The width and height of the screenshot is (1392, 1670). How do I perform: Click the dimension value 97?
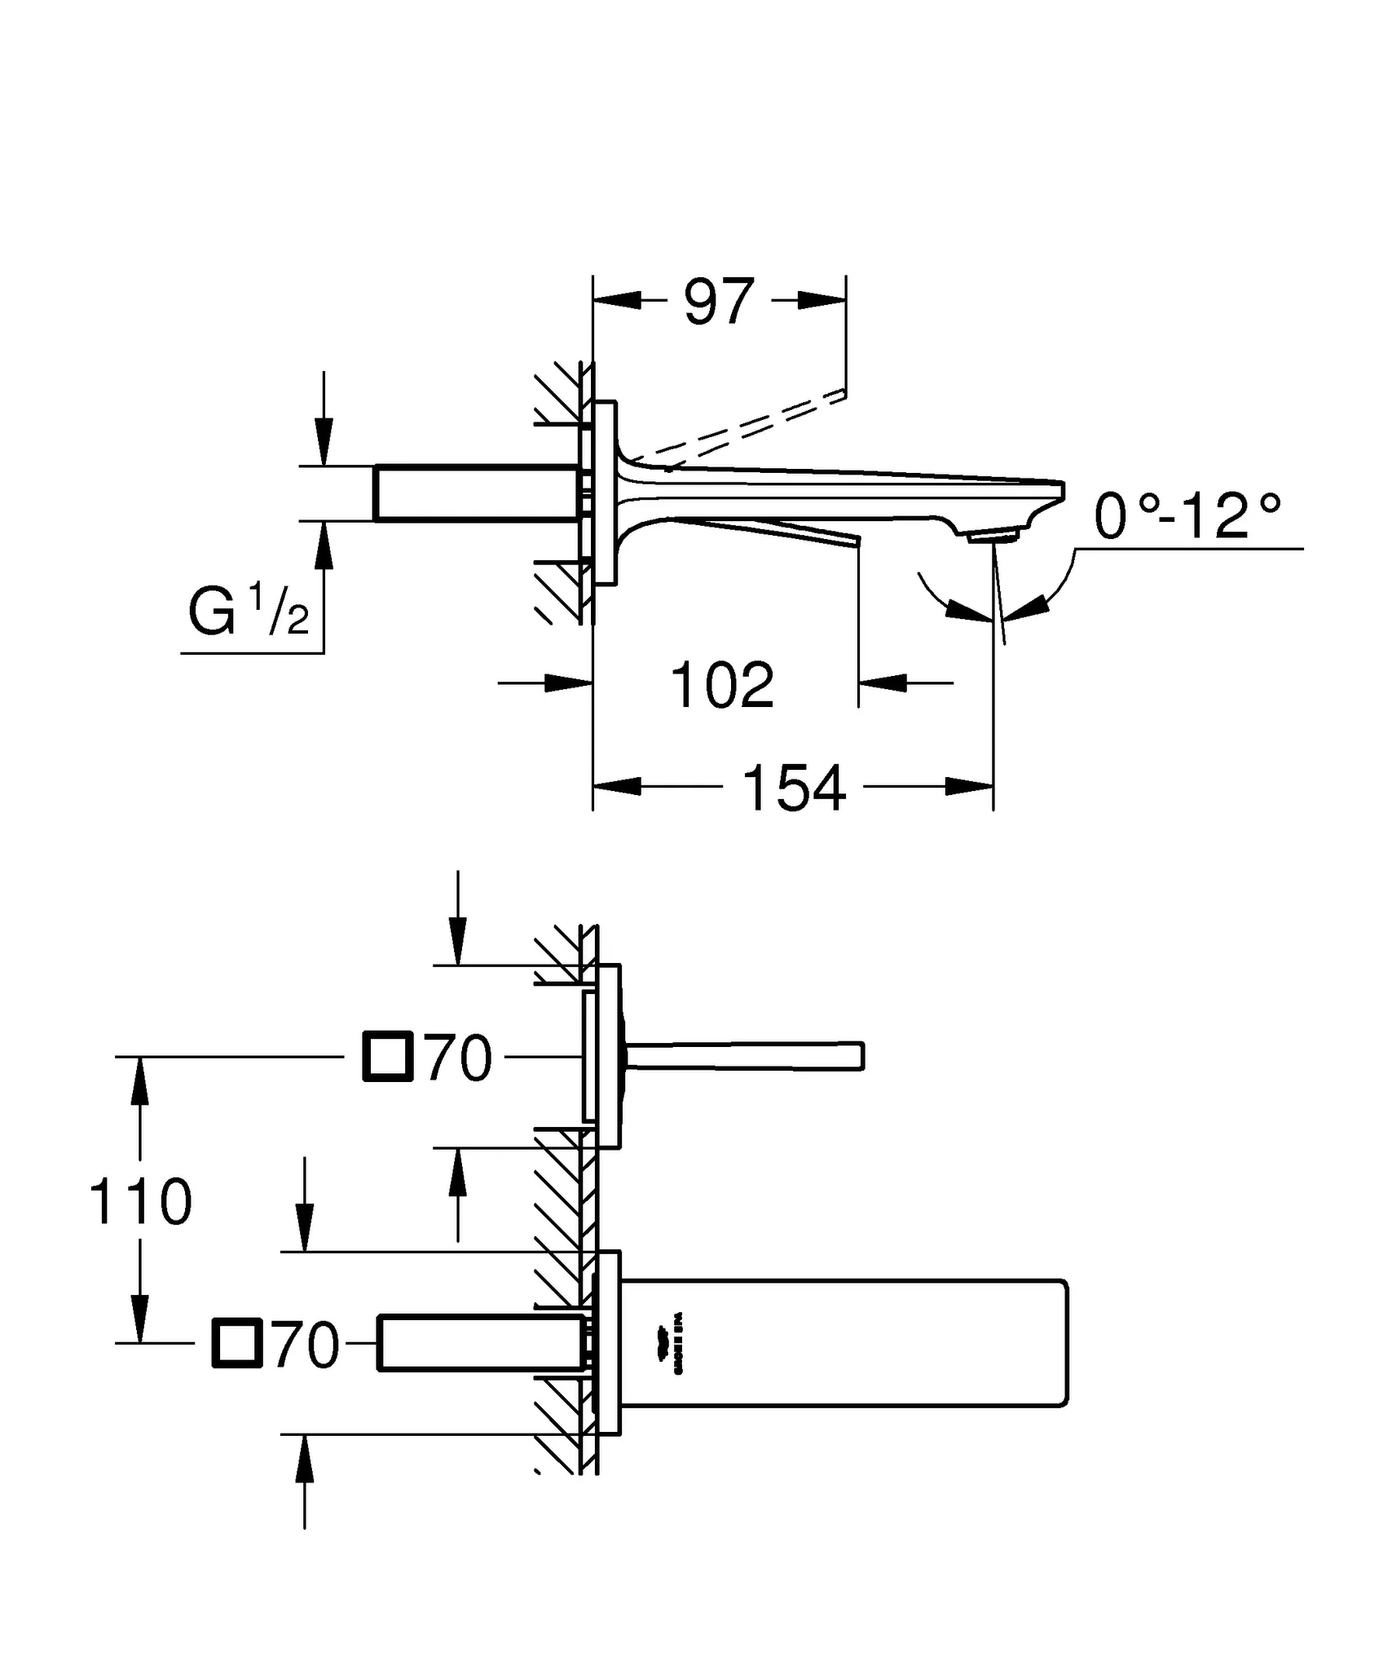pyautogui.click(x=719, y=303)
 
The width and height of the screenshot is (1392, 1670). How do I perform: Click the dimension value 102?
pyautogui.click(x=722, y=686)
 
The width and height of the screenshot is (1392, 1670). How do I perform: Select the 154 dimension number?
pyautogui.click(x=795, y=789)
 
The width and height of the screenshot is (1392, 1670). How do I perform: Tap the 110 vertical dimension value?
pyautogui.click(x=140, y=1203)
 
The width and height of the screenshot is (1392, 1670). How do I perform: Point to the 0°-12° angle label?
pyautogui.click(x=1187, y=517)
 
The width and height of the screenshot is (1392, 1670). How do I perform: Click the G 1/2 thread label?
pyautogui.click(x=249, y=613)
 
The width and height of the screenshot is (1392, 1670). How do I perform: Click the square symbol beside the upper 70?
pyautogui.click(x=388, y=1057)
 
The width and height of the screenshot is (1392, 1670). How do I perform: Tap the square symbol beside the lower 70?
pyautogui.click(x=237, y=1342)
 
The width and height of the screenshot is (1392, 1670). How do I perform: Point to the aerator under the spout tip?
pyautogui.click(x=990, y=536)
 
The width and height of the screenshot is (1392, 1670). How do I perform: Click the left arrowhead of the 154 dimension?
pyautogui.click(x=615, y=787)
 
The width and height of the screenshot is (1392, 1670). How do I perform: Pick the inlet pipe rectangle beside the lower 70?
pyautogui.click(x=481, y=1343)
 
